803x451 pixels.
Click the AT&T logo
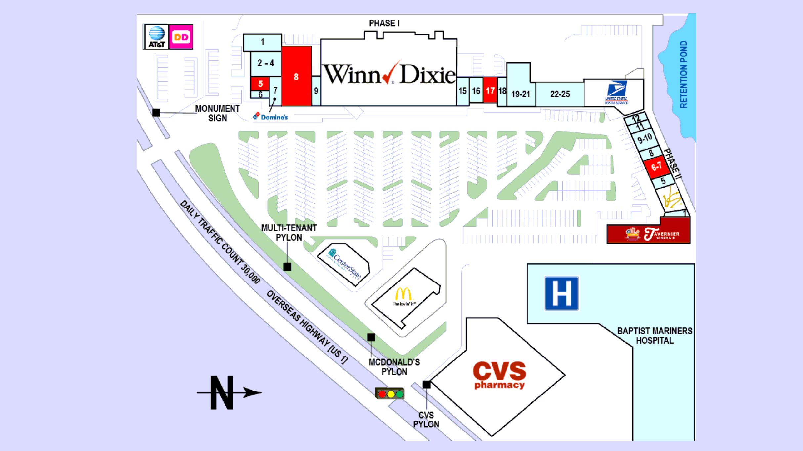point(156,37)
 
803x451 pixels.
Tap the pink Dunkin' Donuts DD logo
point(181,37)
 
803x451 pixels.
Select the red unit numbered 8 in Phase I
point(296,77)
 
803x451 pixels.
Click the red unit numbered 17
point(490,91)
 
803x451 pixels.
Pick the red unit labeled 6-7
point(656,167)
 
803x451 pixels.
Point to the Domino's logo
point(271,117)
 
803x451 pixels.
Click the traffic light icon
point(390,394)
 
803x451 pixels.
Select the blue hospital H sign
point(562,293)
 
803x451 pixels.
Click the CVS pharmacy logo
point(499,375)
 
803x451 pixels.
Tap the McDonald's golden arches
point(404,295)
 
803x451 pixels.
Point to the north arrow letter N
point(222,393)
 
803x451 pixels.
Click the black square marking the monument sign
point(156,113)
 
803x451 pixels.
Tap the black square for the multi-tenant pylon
point(287,267)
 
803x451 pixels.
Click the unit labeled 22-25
point(560,94)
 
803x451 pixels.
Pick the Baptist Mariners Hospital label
point(655,336)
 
